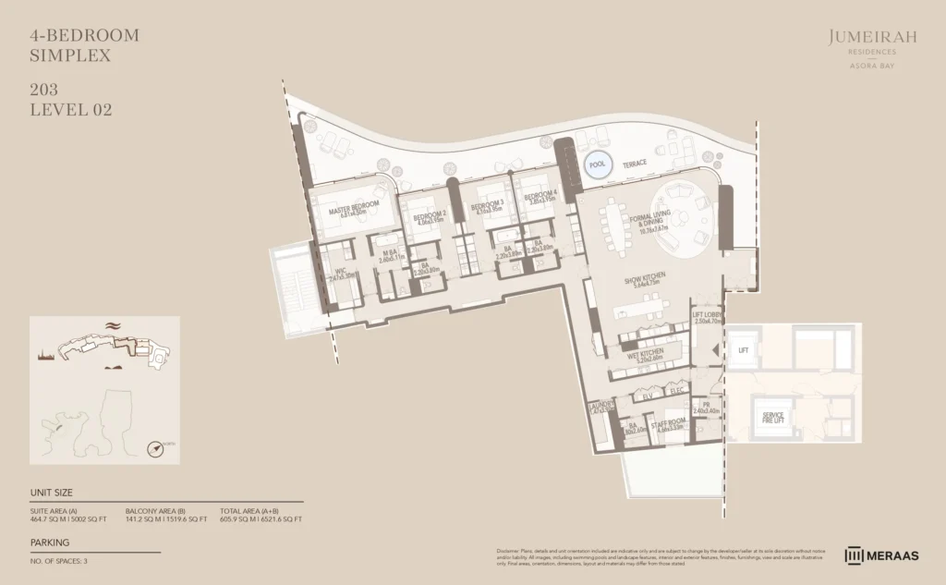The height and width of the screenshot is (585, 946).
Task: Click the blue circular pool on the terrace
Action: [598, 164]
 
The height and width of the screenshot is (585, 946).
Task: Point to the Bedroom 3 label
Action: [487, 206]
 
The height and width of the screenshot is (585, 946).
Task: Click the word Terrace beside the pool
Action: [634, 164]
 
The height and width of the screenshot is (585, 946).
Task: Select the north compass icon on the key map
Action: [157, 448]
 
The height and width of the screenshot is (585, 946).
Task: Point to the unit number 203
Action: [42, 91]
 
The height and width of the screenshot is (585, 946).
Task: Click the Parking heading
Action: [50, 542]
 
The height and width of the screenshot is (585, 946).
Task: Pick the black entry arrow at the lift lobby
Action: [717, 350]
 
